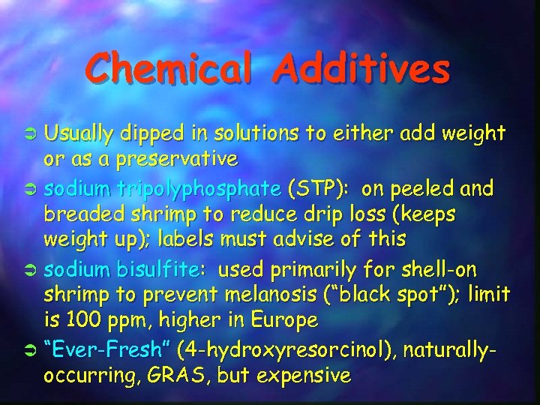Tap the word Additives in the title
(x=362, y=69)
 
